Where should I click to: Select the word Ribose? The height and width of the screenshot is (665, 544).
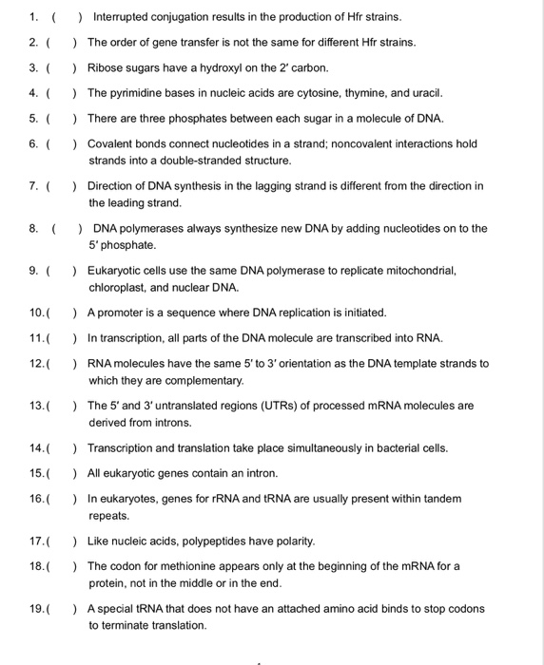tap(105, 67)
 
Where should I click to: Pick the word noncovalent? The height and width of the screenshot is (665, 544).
tap(343, 143)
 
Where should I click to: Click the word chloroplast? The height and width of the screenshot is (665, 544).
tap(119, 287)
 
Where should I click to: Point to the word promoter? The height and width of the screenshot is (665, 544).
tap(122, 313)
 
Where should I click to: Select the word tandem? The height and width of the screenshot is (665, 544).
tap(440, 499)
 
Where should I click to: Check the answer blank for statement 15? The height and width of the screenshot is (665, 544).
tap(61, 473)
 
